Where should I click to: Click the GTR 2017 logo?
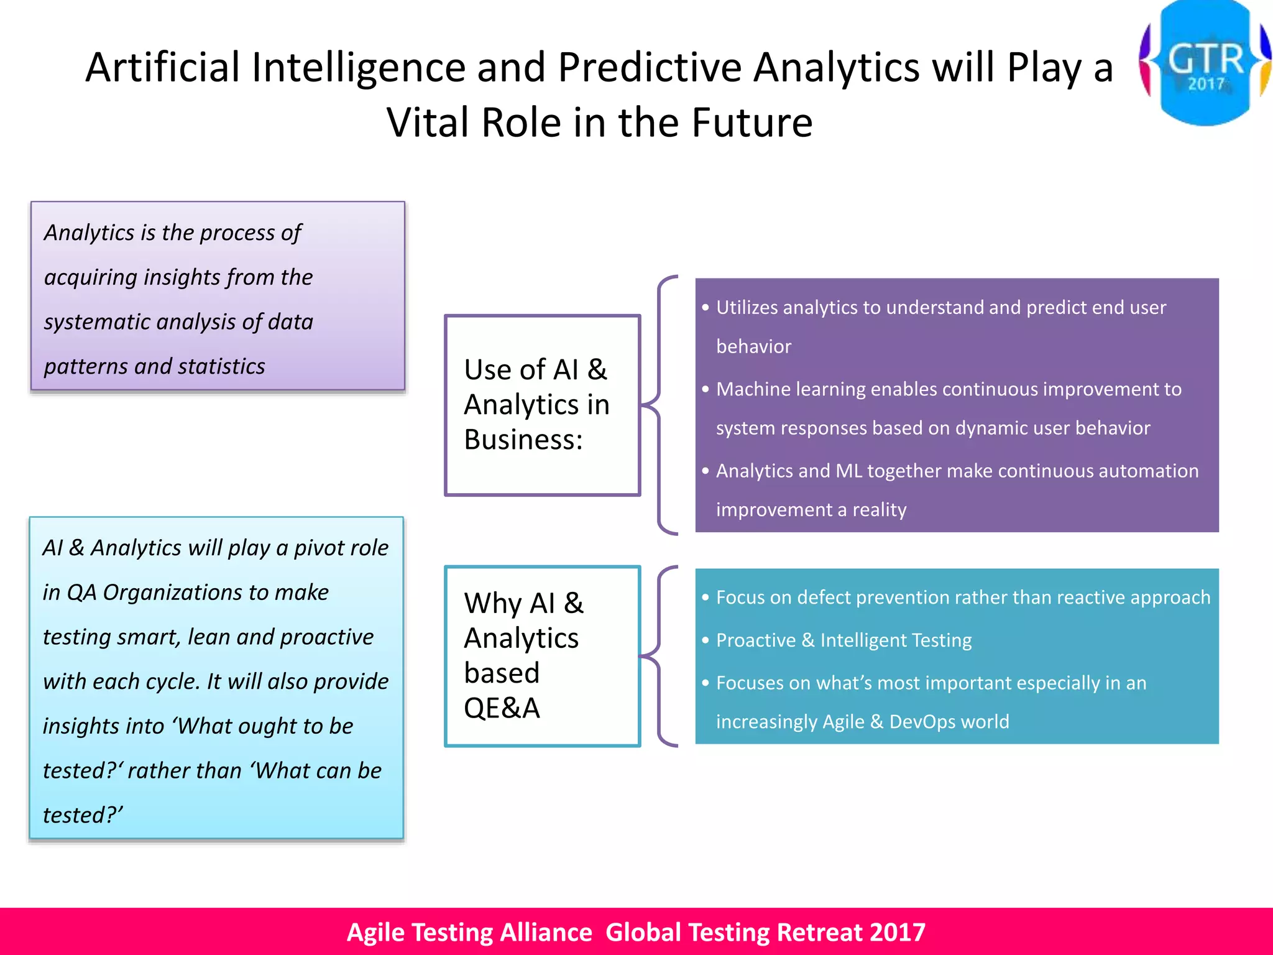click(1205, 62)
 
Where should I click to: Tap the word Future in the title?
click(751, 122)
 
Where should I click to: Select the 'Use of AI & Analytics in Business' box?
click(542, 405)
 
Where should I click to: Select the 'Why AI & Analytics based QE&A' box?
click(542, 656)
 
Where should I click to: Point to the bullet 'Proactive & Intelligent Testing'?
click(843, 640)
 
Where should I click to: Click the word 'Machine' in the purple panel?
click(753, 389)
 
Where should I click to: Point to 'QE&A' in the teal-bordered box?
click(502, 708)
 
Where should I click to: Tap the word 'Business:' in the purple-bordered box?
click(523, 440)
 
